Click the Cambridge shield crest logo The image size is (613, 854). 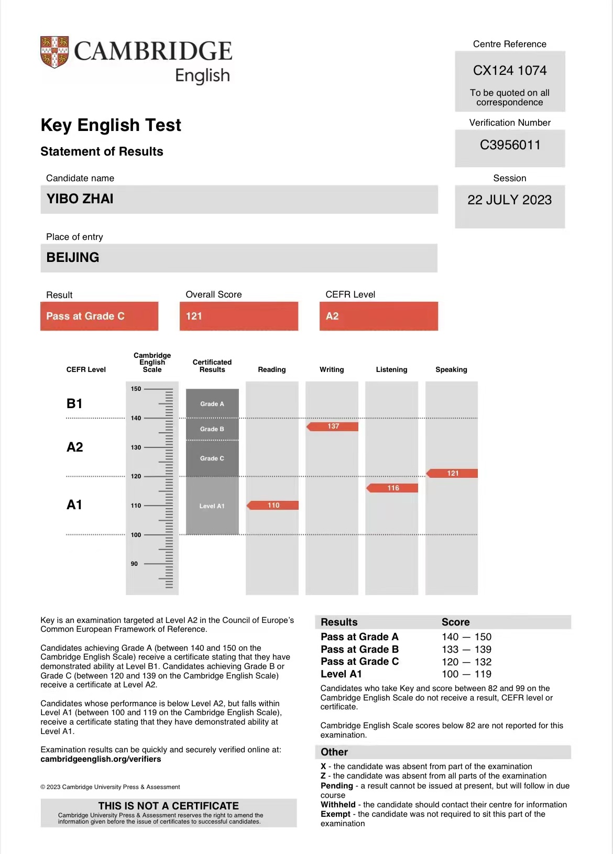tap(54, 52)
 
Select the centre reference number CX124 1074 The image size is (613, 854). tap(509, 71)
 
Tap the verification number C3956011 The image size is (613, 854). tap(510, 145)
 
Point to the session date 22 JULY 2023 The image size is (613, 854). tap(509, 200)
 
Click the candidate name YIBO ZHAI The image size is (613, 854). tap(80, 199)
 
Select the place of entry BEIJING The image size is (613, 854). tap(73, 258)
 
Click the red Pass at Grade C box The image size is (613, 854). tap(99, 316)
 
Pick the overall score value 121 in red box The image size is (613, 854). tap(194, 316)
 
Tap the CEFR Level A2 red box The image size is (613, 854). tap(332, 316)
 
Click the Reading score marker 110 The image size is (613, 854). tap(273, 505)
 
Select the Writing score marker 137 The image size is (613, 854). tap(333, 426)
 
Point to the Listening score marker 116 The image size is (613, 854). tap(393, 488)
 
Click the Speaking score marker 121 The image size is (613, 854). tap(453, 473)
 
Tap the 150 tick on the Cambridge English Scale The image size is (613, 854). tap(136, 389)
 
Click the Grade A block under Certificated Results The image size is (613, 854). tap(212, 403)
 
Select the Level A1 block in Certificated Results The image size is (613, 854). tap(212, 506)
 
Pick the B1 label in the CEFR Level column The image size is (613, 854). tap(74, 403)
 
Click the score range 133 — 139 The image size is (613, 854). tap(466, 650)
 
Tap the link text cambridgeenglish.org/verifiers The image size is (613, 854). tap(101, 759)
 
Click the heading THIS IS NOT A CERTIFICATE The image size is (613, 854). tap(168, 806)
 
